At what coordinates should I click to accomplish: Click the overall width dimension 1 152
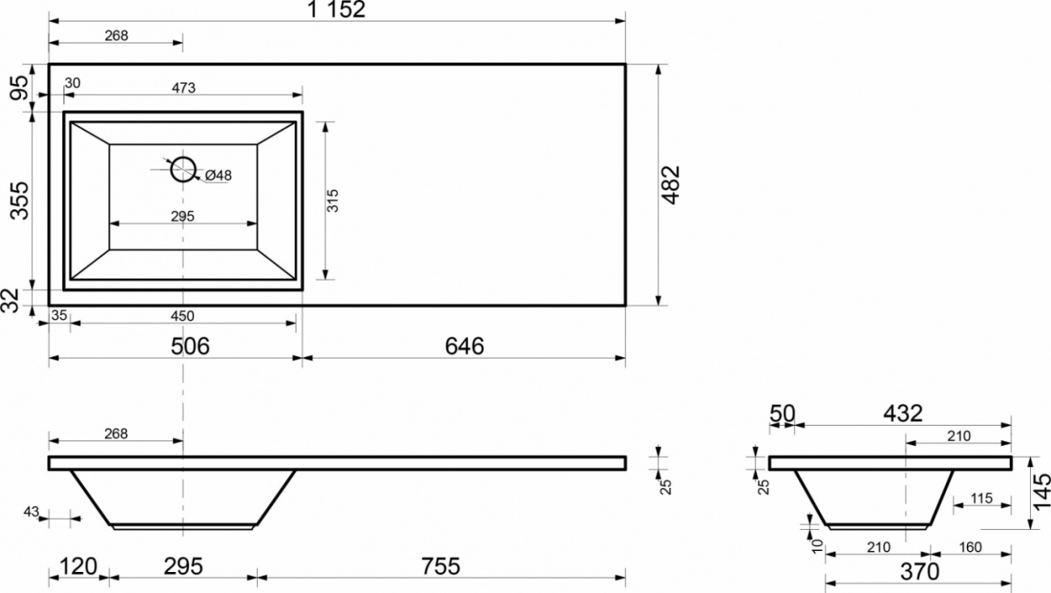pos(336,10)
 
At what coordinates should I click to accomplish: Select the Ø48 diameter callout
pos(218,175)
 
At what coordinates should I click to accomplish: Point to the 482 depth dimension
pos(670,185)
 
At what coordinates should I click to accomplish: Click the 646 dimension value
pos(464,347)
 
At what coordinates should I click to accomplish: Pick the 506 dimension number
pos(190,347)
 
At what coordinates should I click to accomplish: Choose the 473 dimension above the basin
pos(184,88)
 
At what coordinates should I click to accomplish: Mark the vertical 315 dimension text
pos(332,200)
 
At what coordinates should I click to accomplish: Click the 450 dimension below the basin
pos(182,316)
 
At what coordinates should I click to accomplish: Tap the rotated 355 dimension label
pos(19,200)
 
